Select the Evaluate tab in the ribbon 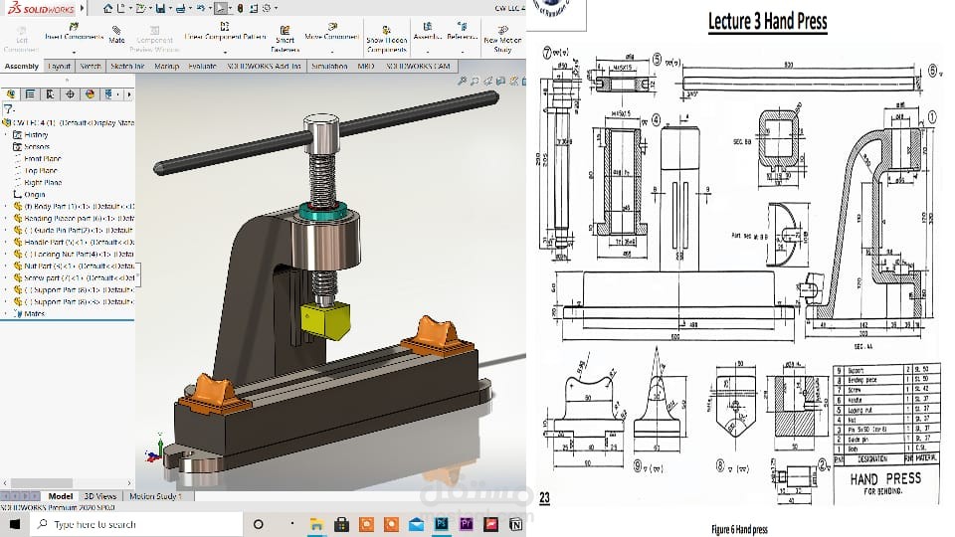click(x=202, y=67)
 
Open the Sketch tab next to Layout click(x=91, y=67)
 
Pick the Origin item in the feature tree click(x=34, y=195)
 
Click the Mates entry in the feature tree click(x=34, y=313)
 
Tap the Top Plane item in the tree click(x=41, y=171)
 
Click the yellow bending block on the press click(x=327, y=319)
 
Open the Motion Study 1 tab click(x=155, y=495)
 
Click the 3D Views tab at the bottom click(x=99, y=495)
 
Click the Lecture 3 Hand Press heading click(x=767, y=21)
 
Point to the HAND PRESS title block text click(x=884, y=478)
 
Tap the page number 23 click(x=544, y=498)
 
